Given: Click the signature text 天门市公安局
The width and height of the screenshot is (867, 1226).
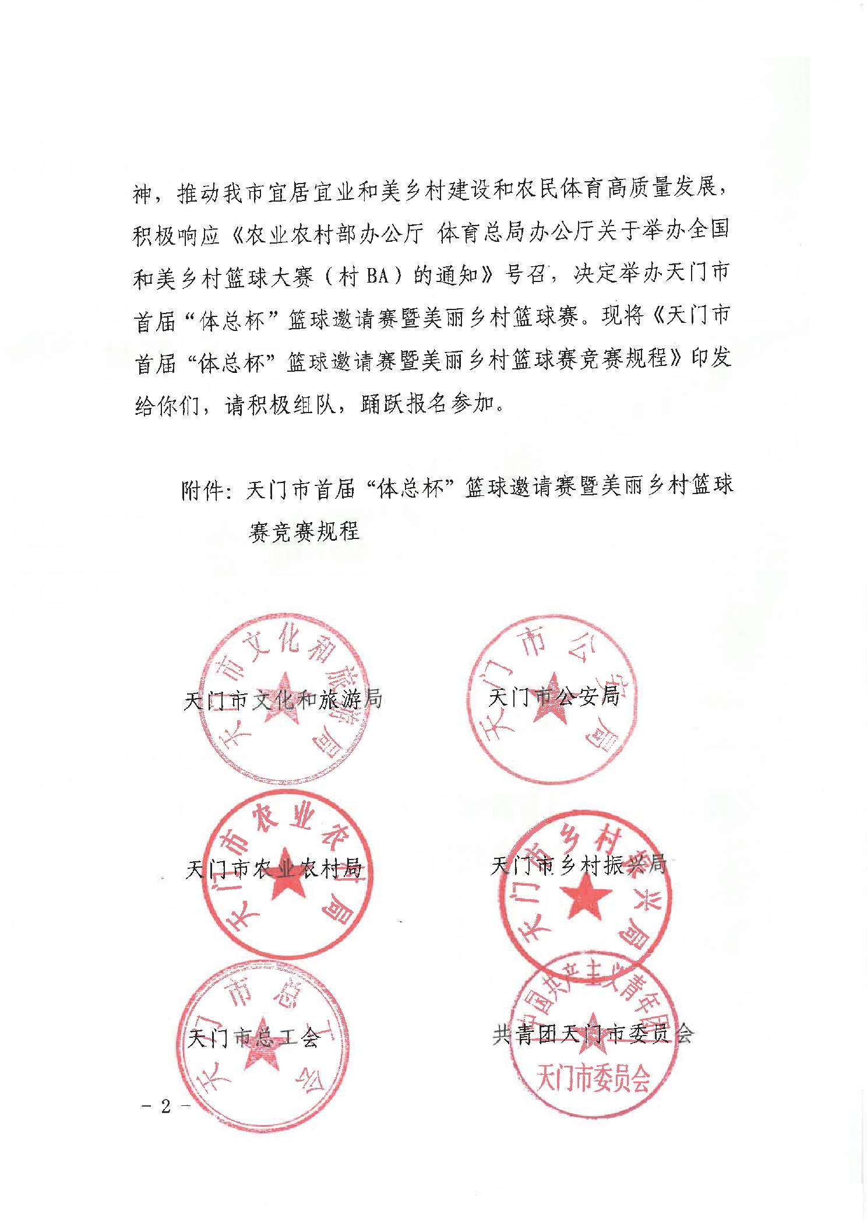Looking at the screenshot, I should pyautogui.click(x=554, y=697).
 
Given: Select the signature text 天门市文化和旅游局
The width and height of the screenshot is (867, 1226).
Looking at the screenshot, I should pyautogui.click(x=283, y=698).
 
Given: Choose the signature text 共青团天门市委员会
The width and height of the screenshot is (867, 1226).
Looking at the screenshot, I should pyautogui.click(x=593, y=1034).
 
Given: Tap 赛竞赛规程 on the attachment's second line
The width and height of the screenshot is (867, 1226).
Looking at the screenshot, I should pyautogui.click(x=304, y=531).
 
